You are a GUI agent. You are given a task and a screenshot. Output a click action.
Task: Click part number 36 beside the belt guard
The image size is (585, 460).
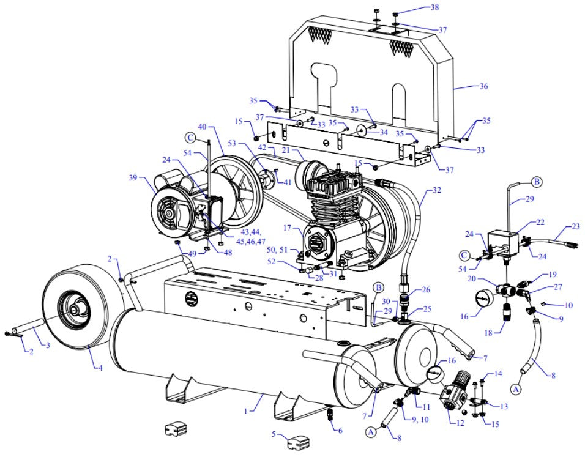[x=483, y=87]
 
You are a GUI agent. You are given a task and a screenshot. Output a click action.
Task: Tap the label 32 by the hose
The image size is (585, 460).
[x=436, y=190]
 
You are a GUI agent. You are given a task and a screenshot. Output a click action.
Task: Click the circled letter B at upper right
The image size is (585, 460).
[x=536, y=182]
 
